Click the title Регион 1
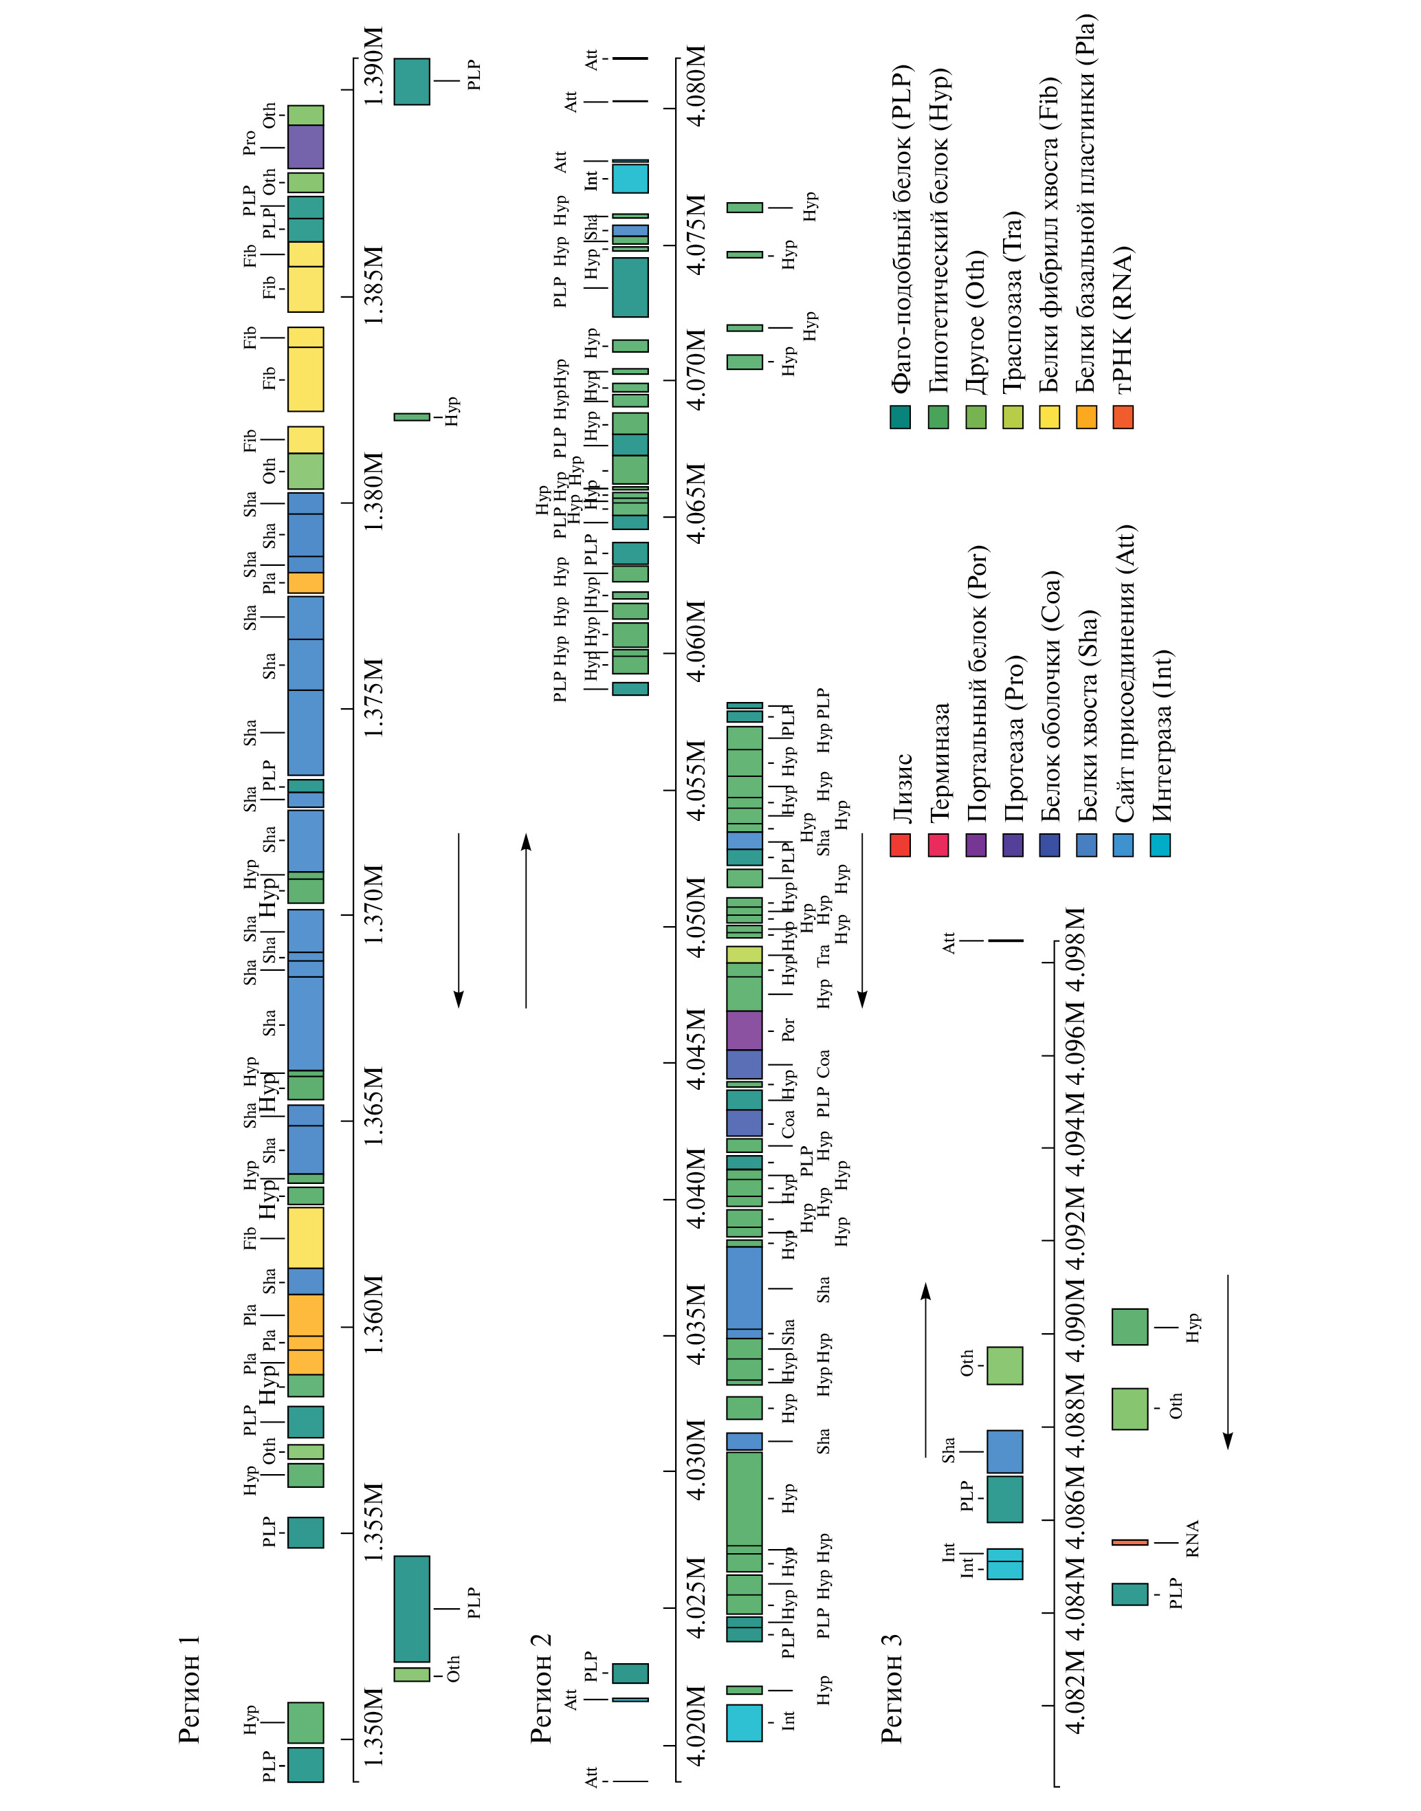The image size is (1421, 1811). tap(190, 1689)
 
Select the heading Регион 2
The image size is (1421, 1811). tap(541, 1689)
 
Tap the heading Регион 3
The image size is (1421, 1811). tap(892, 1689)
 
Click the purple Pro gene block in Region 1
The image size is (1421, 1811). tap(305, 146)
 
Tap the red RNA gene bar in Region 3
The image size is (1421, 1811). tap(1129, 1541)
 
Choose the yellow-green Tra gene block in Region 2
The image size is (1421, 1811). tap(744, 954)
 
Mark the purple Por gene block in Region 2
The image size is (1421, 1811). tap(744, 1030)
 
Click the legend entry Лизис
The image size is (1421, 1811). tap(902, 788)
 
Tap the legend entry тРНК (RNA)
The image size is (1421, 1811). tap(1123, 318)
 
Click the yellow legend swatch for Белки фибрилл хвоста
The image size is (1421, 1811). tap(1049, 417)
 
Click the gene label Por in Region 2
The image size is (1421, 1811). tap(788, 1030)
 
